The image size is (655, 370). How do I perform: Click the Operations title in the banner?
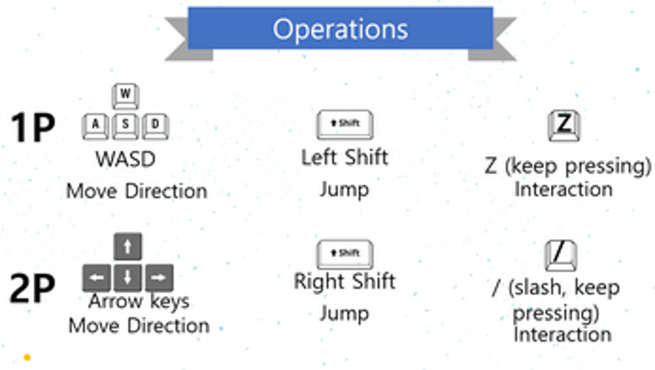[340, 28]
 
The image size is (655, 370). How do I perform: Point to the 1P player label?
[33, 128]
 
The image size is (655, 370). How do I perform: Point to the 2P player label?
[33, 289]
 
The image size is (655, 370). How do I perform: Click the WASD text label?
[127, 160]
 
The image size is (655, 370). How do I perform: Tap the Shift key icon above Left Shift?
[344, 125]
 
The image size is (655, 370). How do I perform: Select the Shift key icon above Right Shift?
[344, 254]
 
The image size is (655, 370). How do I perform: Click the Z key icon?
[564, 125]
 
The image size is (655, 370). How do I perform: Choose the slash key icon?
[560, 256]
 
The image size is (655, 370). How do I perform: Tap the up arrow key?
[128, 247]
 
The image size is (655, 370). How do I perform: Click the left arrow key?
[96, 277]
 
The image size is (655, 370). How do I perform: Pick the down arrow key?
[128, 277]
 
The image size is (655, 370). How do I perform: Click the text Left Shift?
[344, 157]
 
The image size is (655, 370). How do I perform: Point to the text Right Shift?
[344, 281]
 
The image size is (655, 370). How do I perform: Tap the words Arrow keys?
[139, 301]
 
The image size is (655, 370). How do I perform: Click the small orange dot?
[28, 355]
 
